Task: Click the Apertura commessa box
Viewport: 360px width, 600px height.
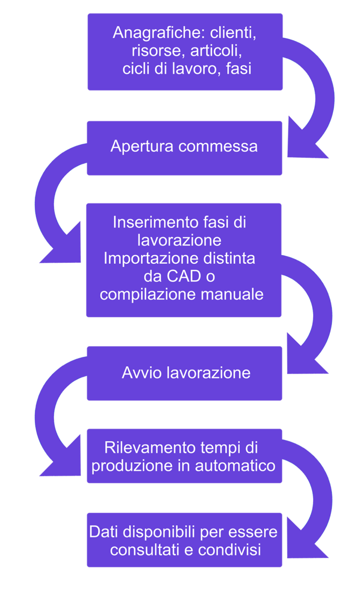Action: (184, 148)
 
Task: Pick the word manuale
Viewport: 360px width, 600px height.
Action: (237, 295)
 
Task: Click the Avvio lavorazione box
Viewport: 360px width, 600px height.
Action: (184, 373)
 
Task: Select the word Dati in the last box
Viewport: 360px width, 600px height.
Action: (102, 533)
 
